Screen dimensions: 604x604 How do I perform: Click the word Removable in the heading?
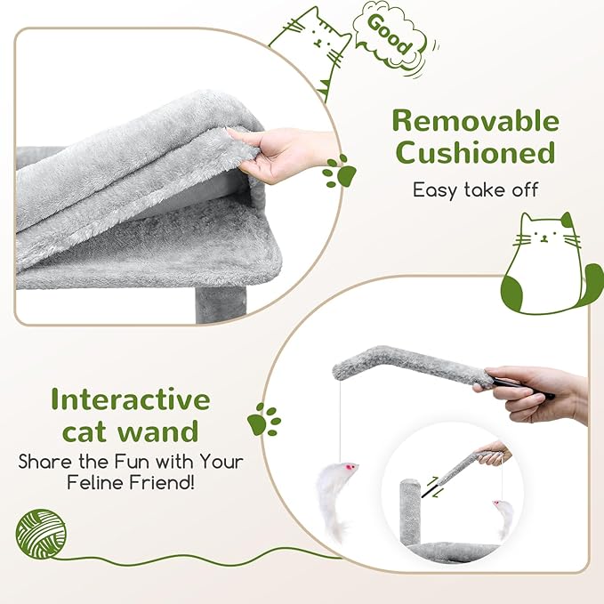point(475,121)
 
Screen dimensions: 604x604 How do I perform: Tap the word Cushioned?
point(475,152)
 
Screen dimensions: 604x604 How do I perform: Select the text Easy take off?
point(475,189)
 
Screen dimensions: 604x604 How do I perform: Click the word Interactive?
point(131,399)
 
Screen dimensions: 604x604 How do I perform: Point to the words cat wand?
point(131,431)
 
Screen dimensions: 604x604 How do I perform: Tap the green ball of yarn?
point(41,534)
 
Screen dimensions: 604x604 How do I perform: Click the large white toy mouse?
point(334,497)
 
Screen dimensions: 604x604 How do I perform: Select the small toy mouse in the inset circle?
point(503,518)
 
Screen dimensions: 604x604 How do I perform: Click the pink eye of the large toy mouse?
point(350,467)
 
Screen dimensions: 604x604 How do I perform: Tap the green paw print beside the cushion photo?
point(340,172)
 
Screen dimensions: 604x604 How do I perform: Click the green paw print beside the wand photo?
point(264,420)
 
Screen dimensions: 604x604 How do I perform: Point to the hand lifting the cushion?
point(281,154)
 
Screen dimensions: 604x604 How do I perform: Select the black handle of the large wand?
point(522,388)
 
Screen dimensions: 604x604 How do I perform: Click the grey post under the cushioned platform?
point(221,305)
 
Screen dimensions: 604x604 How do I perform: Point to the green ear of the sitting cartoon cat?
point(567,221)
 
